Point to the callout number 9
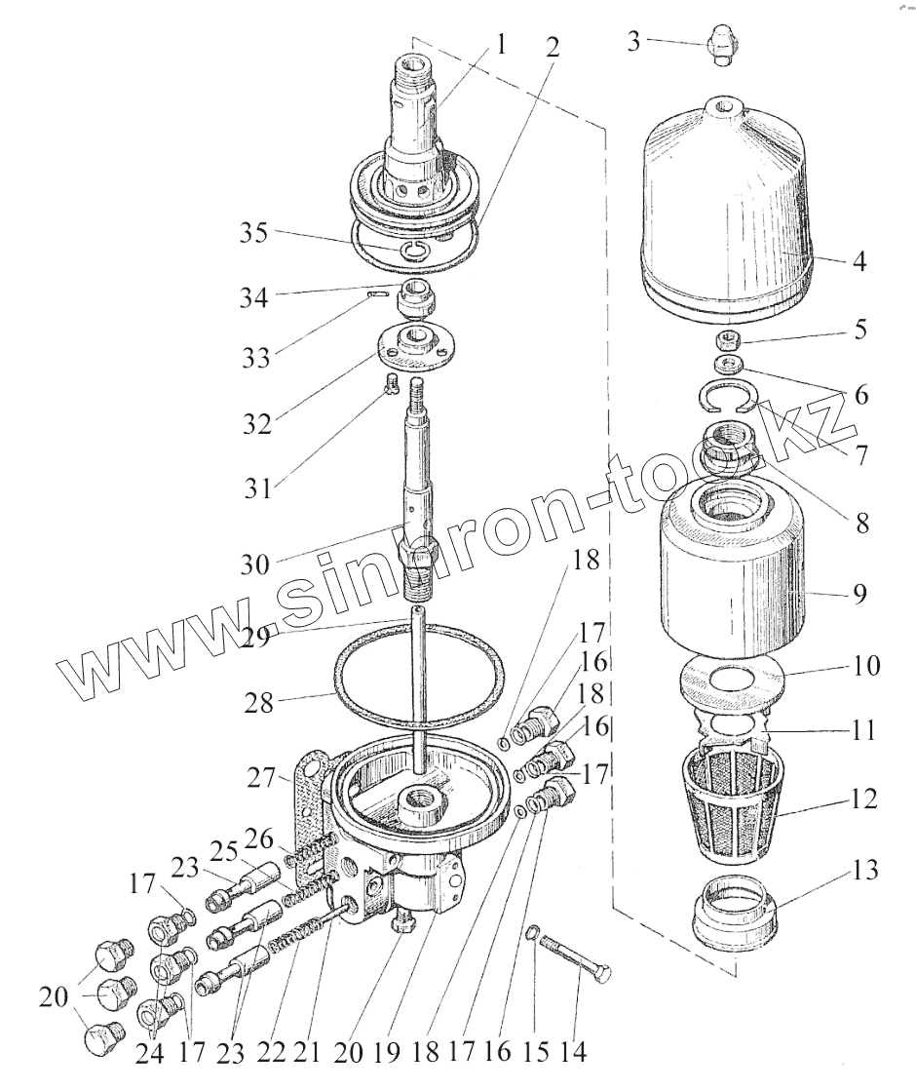(x=860, y=594)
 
